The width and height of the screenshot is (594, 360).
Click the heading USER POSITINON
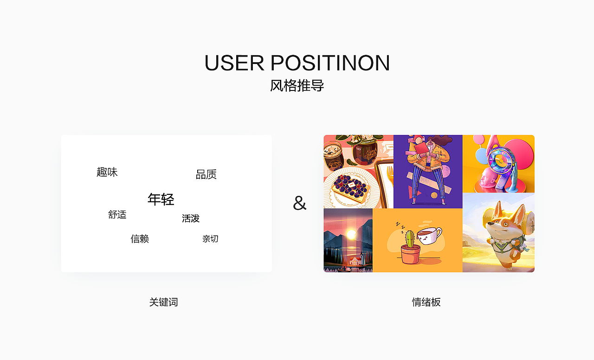pos(297,63)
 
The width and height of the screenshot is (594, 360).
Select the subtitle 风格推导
pos(297,86)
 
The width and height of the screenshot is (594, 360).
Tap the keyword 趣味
pos(107,172)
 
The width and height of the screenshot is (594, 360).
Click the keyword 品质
pos(206,174)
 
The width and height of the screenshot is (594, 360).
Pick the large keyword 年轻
pos(161,199)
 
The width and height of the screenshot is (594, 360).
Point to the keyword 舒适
pos(117,215)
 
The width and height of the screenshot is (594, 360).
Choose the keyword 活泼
pos(191,219)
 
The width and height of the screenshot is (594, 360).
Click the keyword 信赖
pos(140,239)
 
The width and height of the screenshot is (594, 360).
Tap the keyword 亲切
pos(210,239)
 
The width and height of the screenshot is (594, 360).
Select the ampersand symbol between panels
pos(300,203)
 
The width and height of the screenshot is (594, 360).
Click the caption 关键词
pos(163,302)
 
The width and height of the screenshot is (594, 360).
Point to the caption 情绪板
pos(426,302)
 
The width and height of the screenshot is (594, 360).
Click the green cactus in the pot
pos(409,238)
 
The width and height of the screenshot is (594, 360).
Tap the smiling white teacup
pos(429,236)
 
